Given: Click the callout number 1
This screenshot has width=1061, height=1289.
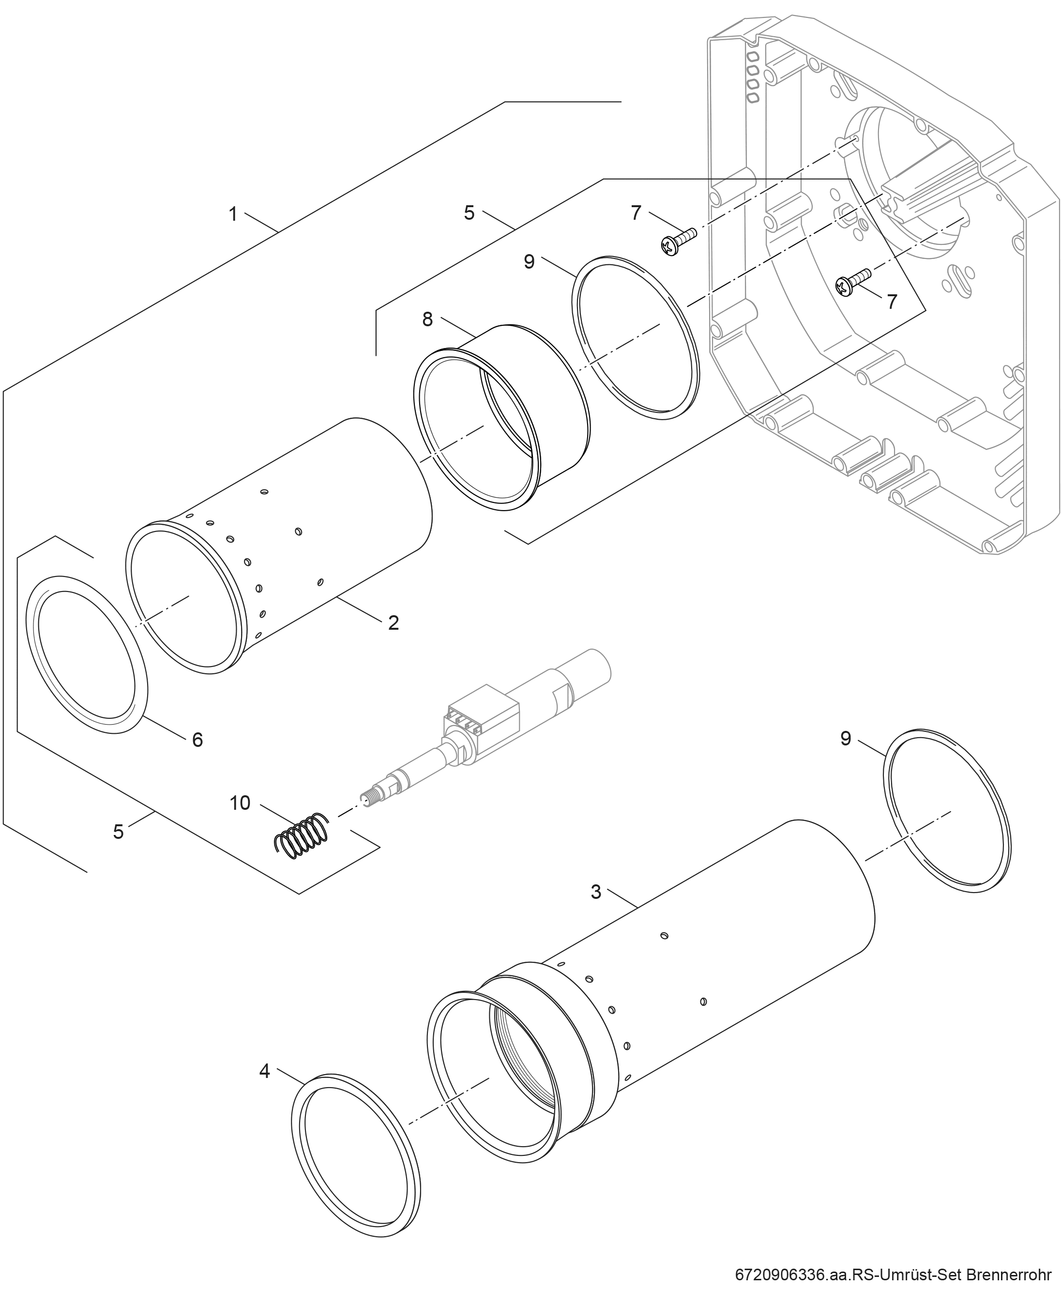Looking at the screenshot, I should (x=233, y=214).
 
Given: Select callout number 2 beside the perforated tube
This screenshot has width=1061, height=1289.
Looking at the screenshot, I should (x=394, y=623).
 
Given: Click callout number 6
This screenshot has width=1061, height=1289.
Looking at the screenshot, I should (x=197, y=740).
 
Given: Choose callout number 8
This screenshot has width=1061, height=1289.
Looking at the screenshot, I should (x=428, y=319).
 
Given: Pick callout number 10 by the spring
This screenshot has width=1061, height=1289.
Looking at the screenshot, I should (x=240, y=803).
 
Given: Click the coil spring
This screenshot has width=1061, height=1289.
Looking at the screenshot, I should (x=300, y=834).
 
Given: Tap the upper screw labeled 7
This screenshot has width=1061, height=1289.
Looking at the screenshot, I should (x=679, y=242).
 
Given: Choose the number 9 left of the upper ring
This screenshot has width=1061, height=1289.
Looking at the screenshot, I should (x=529, y=261).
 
